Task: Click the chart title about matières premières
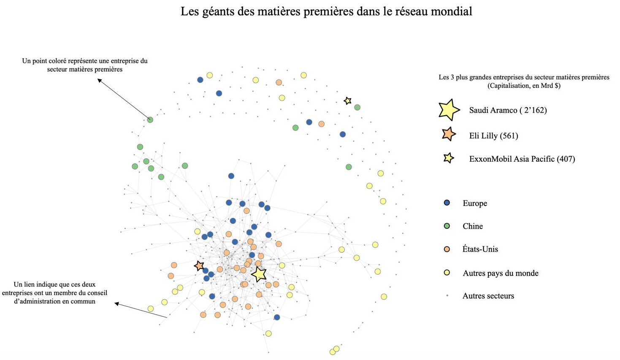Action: (x=326, y=11)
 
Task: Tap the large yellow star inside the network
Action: (x=259, y=274)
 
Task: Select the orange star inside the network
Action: (x=199, y=265)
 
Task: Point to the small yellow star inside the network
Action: (x=347, y=100)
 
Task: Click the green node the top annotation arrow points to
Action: (x=150, y=120)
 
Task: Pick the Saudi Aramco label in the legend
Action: (x=508, y=110)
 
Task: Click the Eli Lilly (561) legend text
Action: (x=493, y=135)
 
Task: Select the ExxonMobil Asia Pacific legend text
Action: (x=522, y=159)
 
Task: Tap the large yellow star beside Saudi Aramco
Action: (x=449, y=110)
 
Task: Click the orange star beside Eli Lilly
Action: (x=449, y=134)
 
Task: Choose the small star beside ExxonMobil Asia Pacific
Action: (x=449, y=158)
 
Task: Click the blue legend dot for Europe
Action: (x=447, y=203)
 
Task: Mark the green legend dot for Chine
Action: (x=447, y=226)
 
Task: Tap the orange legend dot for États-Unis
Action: (x=447, y=249)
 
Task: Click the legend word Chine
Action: (x=473, y=226)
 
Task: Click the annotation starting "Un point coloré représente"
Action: (x=85, y=65)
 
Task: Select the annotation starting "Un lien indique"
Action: (x=55, y=293)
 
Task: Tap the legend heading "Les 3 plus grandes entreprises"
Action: (x=524, y=81)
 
